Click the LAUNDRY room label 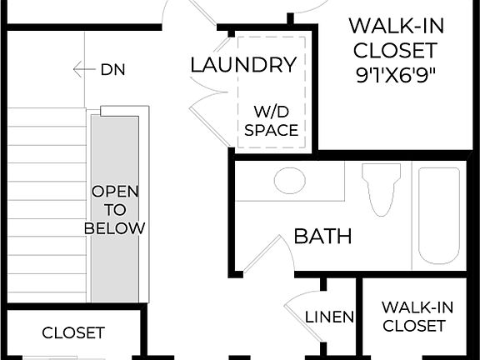point(242,64)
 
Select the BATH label point(322,236)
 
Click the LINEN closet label point(330,317)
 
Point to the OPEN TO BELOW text point(115,209)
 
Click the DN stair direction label point(113,70)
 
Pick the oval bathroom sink point(289,180)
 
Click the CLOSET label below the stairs point(73,332)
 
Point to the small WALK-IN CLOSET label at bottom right point(413,317)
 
